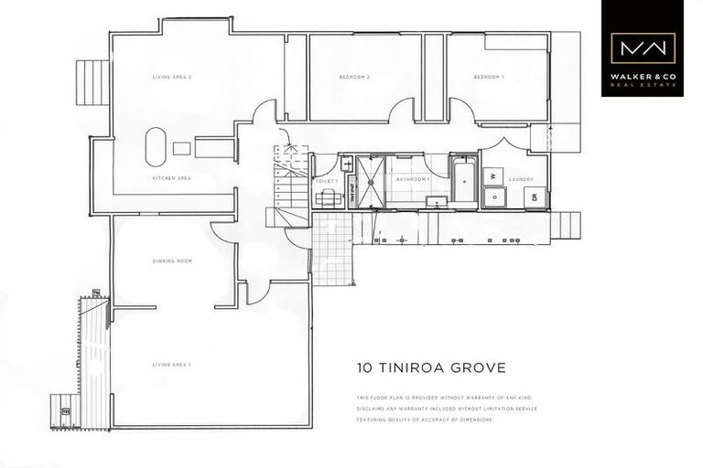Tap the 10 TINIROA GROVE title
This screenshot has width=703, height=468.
[x=429, y=368]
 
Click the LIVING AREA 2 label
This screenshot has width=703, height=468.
[x=171, y=78]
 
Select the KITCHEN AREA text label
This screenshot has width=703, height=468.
[x=171, y=177]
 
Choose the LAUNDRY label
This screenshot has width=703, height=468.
[x=521, y=179]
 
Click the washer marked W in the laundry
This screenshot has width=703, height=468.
[x=491, y=175]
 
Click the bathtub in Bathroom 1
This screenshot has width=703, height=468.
[x=463, y=181]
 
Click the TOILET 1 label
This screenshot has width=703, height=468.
[x=327, y=181]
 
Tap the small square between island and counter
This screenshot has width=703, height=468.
[x=181, y=148]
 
